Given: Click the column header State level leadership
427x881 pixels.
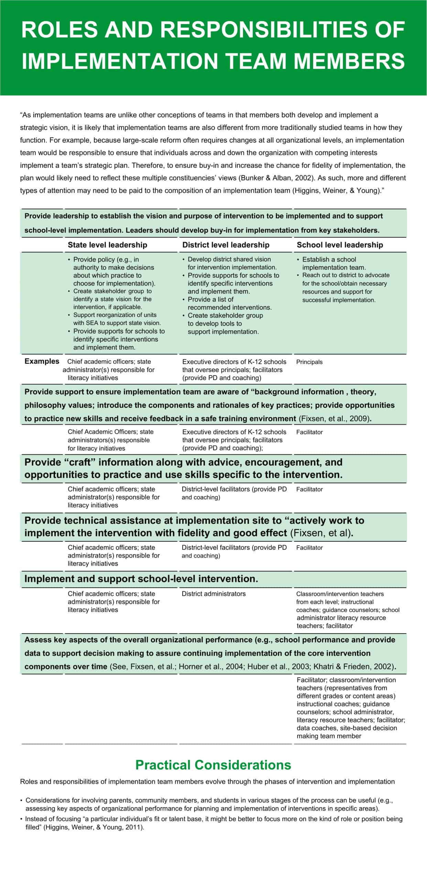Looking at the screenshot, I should pyautogui.click(x=107, y=245).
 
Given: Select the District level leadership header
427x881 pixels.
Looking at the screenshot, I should pyautogui.click(x=226, y=245).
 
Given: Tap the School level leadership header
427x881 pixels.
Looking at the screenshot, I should pyautogui.click(x=340, y=245).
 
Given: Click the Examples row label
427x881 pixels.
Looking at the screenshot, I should pyautogui.click(x=42, y=361).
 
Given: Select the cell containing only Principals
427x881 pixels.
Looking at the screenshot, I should pyautogui.click(x=309, y=362).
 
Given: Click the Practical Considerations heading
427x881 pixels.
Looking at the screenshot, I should pyautogui.click(x=213, y=765).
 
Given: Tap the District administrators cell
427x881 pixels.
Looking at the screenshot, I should pyautogui.click(x=213, y=594).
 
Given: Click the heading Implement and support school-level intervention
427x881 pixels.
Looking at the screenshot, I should pyautogui.click(x=141, y=579).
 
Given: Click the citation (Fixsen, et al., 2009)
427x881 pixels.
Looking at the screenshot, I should pyautogui.click(x=335, y=419).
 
